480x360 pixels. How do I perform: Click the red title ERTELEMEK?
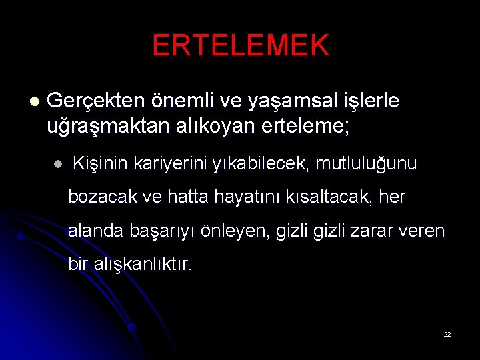pos(240,45)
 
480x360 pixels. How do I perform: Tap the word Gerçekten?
pos(96,101)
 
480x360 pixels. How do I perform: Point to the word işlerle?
pos(369,101)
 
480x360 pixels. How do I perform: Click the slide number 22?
pos(447,334)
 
